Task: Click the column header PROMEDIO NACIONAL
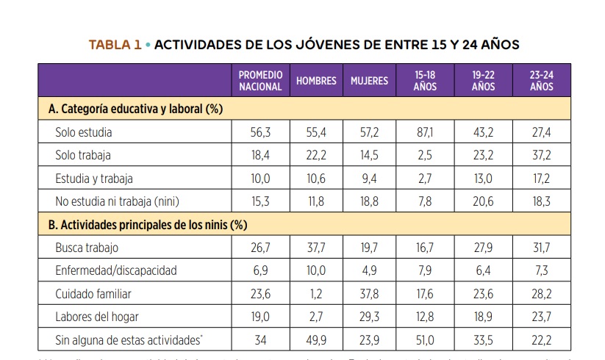point(260,81)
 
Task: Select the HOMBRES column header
point(316,81)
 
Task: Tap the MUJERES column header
point(369,81)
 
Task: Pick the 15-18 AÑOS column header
point(425,81)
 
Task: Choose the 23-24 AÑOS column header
point(541,81)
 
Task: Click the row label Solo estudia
point(84,132)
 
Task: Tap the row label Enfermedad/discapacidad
point(115,271)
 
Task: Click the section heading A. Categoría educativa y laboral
point(135,109)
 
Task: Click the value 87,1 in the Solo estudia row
point(425,132)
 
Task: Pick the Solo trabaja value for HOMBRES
point(316,156)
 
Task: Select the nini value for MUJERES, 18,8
point(369,202)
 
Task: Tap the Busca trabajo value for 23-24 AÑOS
point(541,248)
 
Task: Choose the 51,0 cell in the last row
point(425,340)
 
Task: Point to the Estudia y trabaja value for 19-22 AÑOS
point(483,179)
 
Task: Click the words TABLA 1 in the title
point(115,45)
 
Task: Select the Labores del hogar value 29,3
point(369,317)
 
